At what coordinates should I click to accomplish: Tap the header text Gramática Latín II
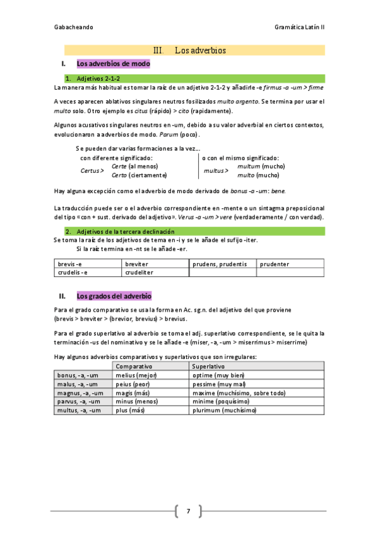tap(299, 28)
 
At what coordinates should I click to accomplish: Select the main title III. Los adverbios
tap(189, 50)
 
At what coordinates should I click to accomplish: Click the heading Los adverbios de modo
tap(113, 64)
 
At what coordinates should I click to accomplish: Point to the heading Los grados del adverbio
tap(114, 296)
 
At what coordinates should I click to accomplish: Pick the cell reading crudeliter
tap(139, 273)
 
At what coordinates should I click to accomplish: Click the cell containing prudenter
tap(275, 264)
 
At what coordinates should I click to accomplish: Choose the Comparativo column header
tap(134, 366)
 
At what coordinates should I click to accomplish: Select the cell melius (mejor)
tap(137, 375)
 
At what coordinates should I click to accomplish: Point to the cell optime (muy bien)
tap(218, 375)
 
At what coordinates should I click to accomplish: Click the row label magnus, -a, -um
tap(80, 392)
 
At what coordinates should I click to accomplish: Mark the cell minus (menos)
tap(136, 401)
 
